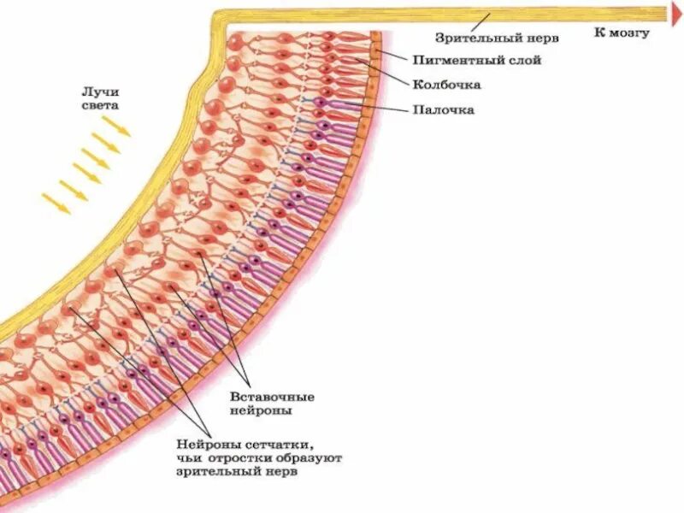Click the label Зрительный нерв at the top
click(497, 38)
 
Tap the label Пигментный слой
click(476, 61)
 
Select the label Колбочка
click(446, 85)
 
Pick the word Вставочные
click(273, 398)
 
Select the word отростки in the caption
click(239, 459)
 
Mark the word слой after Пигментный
click(523, 61)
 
